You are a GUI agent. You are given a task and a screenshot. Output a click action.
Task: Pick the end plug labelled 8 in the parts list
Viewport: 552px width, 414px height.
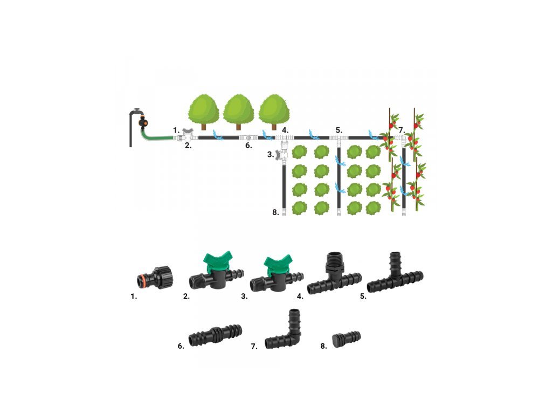347,339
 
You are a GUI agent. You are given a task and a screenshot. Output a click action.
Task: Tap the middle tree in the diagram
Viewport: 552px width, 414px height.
239,111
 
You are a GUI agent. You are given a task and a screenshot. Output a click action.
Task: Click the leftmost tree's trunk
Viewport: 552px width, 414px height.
204,126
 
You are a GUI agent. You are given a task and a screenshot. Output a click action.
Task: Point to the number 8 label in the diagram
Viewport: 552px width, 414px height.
275,212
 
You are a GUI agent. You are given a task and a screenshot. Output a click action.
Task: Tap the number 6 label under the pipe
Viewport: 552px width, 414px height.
248,146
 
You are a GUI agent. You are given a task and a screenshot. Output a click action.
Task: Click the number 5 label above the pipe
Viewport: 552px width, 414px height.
339,130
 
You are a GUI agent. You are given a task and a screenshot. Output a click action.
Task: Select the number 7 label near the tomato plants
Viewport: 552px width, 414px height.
402,130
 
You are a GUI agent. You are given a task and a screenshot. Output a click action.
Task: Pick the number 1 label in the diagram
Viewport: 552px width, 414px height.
176,130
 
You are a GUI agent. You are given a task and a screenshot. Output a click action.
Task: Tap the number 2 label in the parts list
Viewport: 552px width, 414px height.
187,296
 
